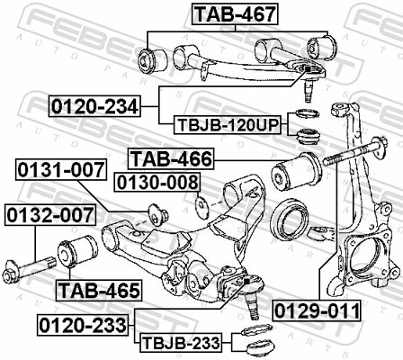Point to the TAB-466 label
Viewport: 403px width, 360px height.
(171, 159)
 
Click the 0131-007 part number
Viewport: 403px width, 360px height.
(57, 168)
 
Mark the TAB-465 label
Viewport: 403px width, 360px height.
(98, 291)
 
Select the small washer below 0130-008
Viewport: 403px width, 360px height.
(201, 205)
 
